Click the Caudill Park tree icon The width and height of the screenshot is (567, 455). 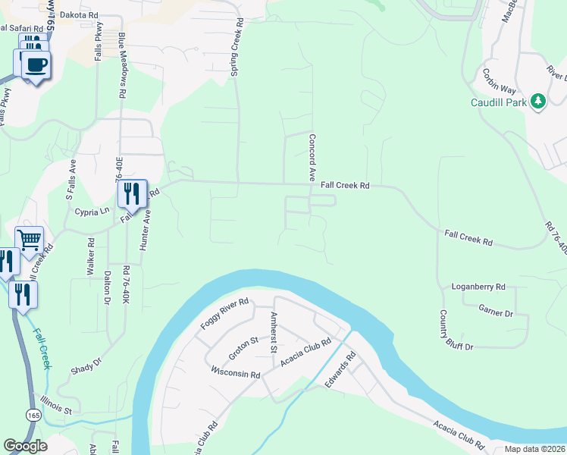538,101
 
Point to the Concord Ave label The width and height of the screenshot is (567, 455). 311,157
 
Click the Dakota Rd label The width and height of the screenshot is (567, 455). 79,14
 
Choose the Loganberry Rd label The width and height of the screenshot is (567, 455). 478,287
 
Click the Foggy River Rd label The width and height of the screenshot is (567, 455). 224,313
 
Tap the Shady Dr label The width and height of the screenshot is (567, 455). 86,366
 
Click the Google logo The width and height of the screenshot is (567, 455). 25,446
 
